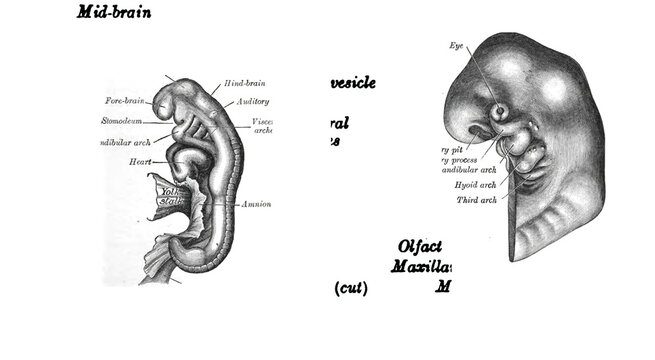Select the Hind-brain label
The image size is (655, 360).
tap(245, 82)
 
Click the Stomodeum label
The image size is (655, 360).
tap(126, 121)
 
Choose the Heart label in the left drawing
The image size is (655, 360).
tap(139, 161)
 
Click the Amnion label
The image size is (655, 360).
tap(255, 204)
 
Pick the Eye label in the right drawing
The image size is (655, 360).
tap(457, 46)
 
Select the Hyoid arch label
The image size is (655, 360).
tap(475, 185)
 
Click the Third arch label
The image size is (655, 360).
tap(477, 202)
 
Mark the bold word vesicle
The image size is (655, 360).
tap(349, 83)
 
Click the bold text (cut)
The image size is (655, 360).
tap(351, 289)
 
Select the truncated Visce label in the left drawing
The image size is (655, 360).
tap(263, 122)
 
